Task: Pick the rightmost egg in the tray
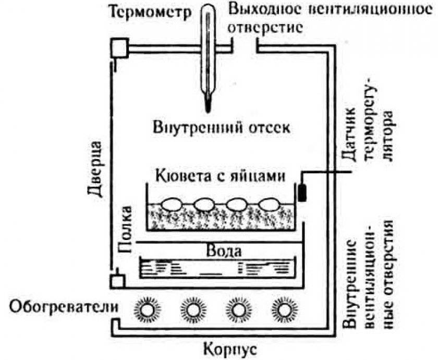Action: (269, 203)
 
